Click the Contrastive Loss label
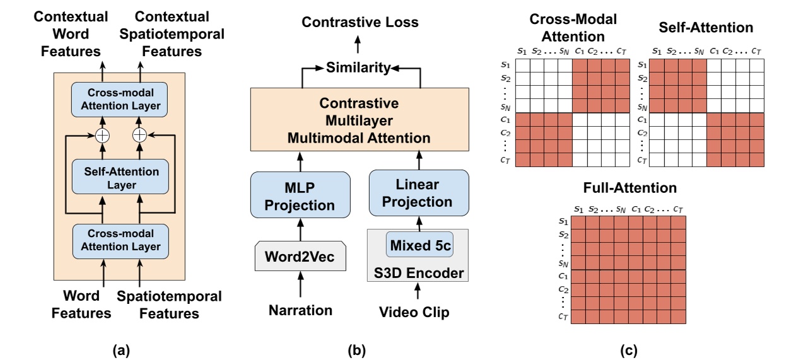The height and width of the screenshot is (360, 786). click(x=360, y=23)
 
